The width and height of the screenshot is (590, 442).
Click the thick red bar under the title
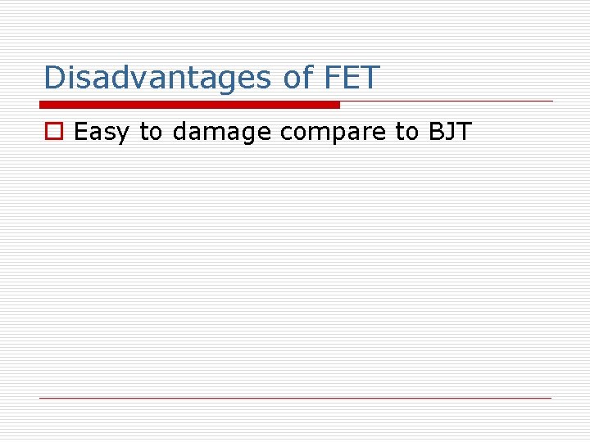coord(189,105)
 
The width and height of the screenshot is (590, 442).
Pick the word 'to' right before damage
coord(151,132)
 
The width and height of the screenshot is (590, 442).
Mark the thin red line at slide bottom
coord(296,398)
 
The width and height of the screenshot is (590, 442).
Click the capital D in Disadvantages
coord(54,78)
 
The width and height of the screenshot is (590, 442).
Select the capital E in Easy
coord(80,132)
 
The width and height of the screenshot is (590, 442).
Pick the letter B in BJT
coord(435,132)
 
